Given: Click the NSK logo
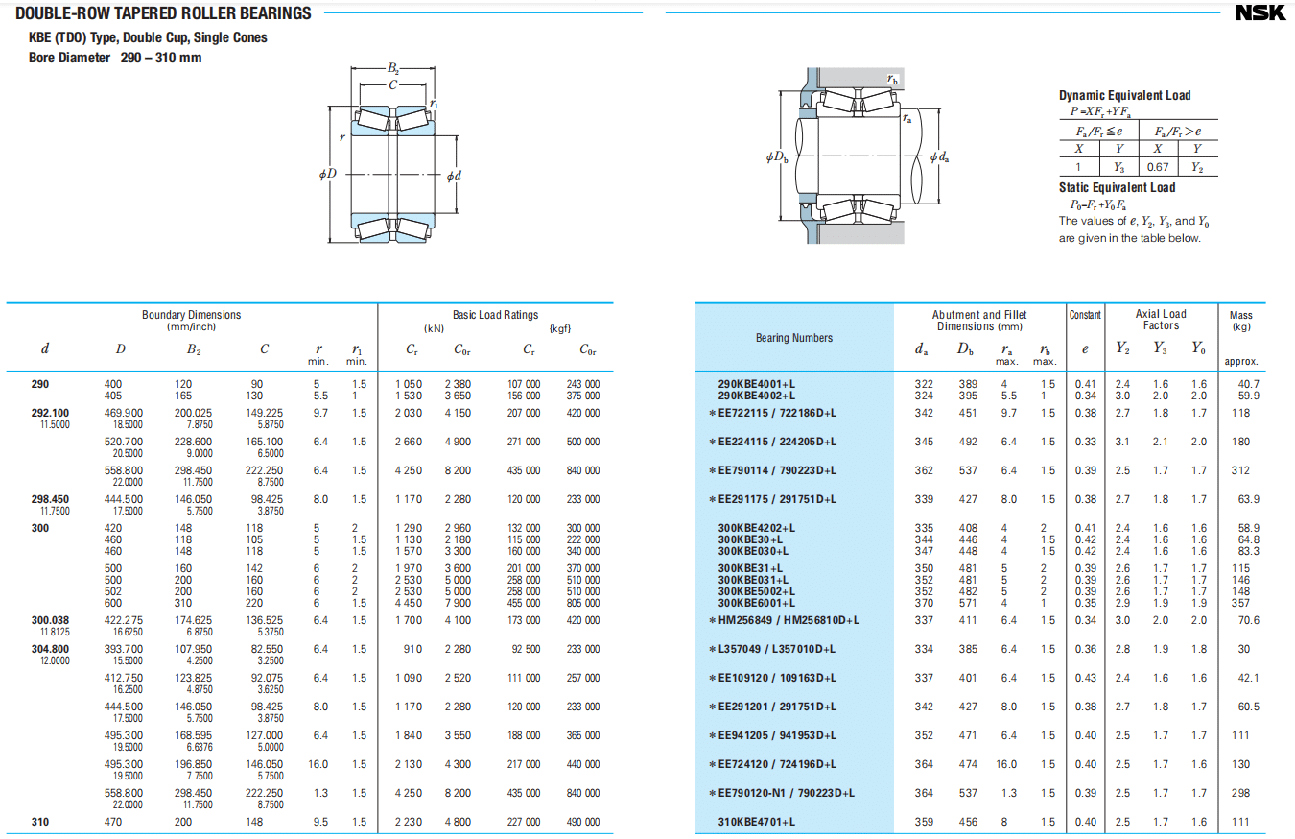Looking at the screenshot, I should pyautogui.click(x=1260, y=13).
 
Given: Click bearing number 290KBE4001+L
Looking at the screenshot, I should pyautogui.click(x=757, y=384).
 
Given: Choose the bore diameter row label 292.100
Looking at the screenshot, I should pyautogui.click(x=50, y=413).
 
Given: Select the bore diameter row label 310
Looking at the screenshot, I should pyautogui.click(x=39, y=822).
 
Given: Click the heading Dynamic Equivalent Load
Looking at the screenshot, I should pyautogui.click(x=1124, y=95).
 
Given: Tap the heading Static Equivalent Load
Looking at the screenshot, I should pyautogui.click(x=1117, y=187).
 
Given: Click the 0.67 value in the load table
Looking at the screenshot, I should pyautogui.click(x=1158, y=167).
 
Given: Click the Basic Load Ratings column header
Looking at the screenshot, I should pyautogui.click(x=495, y=315).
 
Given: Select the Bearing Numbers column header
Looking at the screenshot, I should pyautogui.click(x=793, y=338).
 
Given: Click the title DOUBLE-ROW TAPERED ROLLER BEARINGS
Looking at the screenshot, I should pyautogui.click(x=163, y=13).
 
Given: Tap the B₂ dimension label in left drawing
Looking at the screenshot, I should pyautogui.click(x=392, y=68).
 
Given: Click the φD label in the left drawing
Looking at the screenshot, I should pyautogui.click(x=328, y=174).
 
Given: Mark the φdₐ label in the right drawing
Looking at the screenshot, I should pyautogui.click(x=941, y=156).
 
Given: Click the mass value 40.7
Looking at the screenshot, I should pyautogui.click(x=1248, y=384).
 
